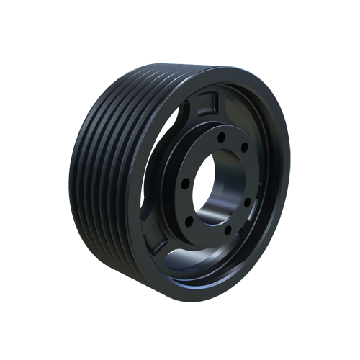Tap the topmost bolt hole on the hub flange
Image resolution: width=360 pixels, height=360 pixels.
(x=221, y=135)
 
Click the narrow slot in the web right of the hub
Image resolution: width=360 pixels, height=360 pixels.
(x=268, y=189)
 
